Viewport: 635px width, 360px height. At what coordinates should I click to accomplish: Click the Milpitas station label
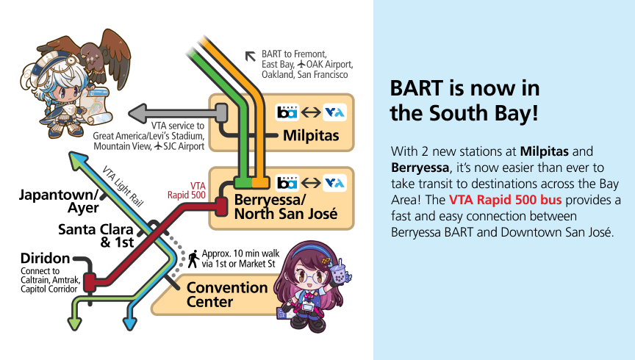[x=311, y=136]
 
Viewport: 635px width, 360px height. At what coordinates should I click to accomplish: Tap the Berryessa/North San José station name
[x=285, y=206]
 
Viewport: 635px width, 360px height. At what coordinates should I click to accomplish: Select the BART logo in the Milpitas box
[x=287, y=112]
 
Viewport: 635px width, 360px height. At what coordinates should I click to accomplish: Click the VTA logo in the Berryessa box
[x=334, y=183]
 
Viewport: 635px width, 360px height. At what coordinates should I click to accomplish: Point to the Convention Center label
[x=227, y=295]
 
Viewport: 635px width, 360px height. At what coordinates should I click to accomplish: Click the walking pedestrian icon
[x=193, y=259]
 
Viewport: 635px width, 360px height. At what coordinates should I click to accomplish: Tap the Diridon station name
[x=46, y=258]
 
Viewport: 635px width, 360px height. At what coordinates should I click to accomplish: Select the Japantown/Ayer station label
[x=59, y=201]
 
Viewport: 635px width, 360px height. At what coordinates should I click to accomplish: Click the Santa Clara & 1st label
[x=96, y=236]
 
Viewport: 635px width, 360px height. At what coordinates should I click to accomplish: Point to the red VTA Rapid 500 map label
[x=187, y=190]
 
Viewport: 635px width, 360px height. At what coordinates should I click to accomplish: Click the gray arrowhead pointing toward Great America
[x=137, y=113]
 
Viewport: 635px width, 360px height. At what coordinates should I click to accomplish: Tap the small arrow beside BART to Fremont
[x=251, y=57]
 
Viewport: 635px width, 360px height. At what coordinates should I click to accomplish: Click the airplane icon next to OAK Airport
[x=301, y=64]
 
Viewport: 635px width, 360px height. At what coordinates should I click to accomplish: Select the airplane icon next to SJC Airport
[x=158, y=145]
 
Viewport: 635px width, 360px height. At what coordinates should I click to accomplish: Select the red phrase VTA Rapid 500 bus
[x=506, y=200]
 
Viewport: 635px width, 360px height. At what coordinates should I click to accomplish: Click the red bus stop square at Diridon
[x=90, y=283]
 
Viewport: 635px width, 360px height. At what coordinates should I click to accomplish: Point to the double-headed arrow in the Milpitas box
[x=311, y=112]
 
